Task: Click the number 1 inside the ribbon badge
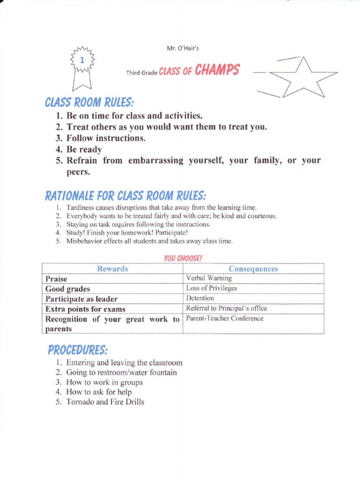pos(82,60)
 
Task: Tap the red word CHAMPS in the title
pos(217,70)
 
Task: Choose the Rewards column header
pos(112,269)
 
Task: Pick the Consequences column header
pos(253,269)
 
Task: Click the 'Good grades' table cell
pos(68,289)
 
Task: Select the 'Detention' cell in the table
pos(200,298)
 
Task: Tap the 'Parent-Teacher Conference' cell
pos(225,319)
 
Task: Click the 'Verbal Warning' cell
pos(209,278)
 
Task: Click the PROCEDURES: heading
pos(78,350)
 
